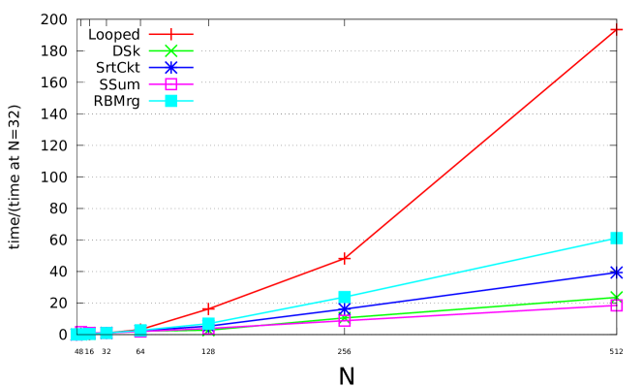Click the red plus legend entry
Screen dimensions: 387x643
(x=170, y=34)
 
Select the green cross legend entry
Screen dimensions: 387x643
(x=170, y=50)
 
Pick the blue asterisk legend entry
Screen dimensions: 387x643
(x=170, y=67)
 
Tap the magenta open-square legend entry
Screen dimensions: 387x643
(x=170, y=84)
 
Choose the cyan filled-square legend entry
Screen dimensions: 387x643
(x=170, y=101)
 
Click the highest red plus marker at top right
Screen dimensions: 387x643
(x=616, y=30)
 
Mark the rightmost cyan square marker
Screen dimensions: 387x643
(x=616, y=238)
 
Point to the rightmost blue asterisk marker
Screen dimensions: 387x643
(x=616, y=273)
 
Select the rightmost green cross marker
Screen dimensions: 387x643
(x=616, y=297)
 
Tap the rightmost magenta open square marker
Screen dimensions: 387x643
(x=616, y=306)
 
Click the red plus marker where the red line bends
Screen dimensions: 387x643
(x=345, y=258)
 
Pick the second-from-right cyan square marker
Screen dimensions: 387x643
(x=345, y=297)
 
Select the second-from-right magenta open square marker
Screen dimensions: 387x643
(x=345, y=319)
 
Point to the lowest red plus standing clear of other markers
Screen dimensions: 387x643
(x=208, y=308)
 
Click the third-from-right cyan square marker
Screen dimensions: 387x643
(x=208, y=324)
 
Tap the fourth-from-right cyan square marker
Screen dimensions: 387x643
(x=140, y=330)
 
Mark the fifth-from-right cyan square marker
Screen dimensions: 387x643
(x=107, y=333)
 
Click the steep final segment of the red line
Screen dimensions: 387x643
(x=480, y=144)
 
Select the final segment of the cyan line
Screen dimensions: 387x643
(x=480, y=267)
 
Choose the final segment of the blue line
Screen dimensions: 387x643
(x=480, y=290)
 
